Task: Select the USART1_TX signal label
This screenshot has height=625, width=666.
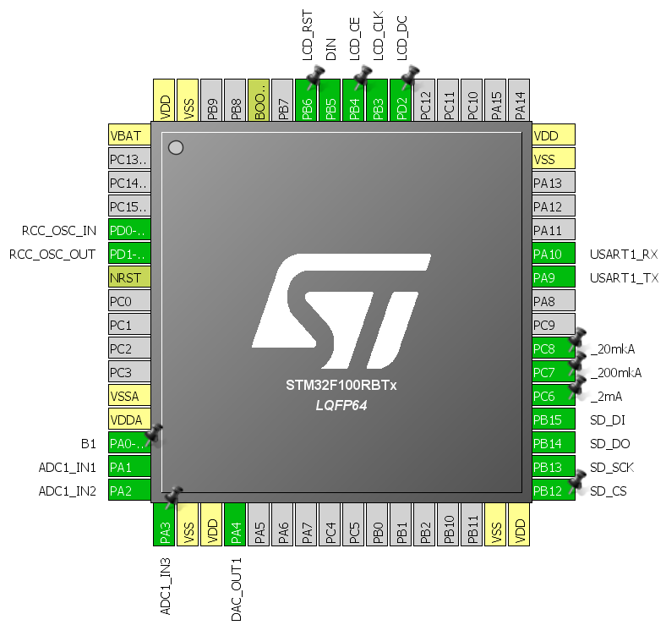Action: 624,277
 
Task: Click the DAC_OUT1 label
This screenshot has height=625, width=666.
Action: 236,589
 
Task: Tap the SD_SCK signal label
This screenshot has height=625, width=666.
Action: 611,467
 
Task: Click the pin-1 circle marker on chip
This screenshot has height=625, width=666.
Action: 176,148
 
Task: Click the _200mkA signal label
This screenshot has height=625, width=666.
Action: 615,372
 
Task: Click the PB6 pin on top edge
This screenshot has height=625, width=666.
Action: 308,101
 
